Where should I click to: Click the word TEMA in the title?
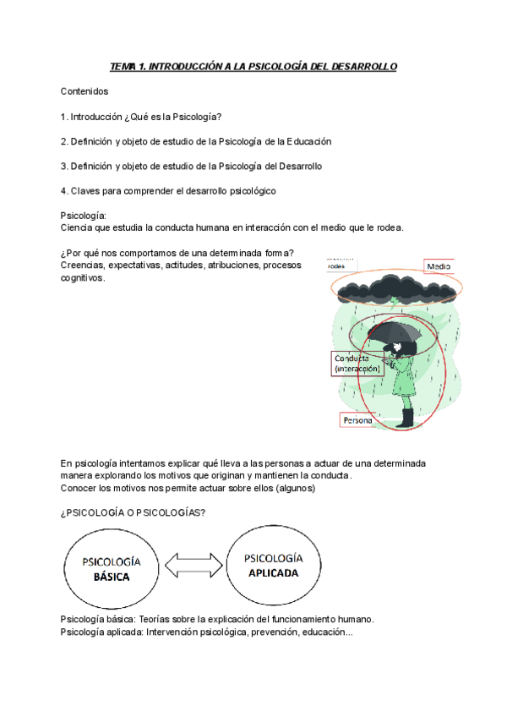point(123,66)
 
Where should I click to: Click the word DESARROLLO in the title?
point(364,66)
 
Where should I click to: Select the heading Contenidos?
point(84,90)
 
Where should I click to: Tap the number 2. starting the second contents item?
point(64,141)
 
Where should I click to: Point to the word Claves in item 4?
point(92,191)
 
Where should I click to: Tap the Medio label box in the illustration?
point(439,266)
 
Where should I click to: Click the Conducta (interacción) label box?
point(357,364)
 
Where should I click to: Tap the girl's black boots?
point(407,417)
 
